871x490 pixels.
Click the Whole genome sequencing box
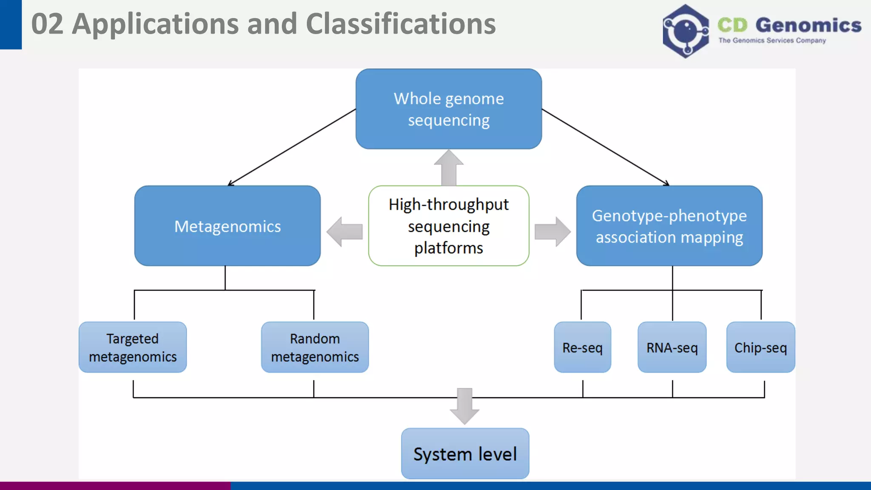449,109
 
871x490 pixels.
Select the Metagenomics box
228,226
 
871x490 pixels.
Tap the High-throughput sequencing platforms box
449,226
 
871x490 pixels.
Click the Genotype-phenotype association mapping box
669,226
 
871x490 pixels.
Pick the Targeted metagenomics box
133,347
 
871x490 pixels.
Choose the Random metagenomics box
315,347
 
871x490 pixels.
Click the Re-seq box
582,347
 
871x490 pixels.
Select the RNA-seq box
672,347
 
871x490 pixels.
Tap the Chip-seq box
760,347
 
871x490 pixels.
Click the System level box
465,453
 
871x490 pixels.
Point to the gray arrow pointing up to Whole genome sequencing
449,168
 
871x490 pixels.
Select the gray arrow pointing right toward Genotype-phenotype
552,232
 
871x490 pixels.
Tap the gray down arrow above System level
464,406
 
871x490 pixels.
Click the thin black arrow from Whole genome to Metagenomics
292,147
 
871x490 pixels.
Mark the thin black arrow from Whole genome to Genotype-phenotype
605,147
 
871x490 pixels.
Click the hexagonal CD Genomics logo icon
686,31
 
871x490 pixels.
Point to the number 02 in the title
47,24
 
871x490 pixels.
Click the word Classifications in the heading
401,24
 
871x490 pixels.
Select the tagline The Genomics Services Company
772,40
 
